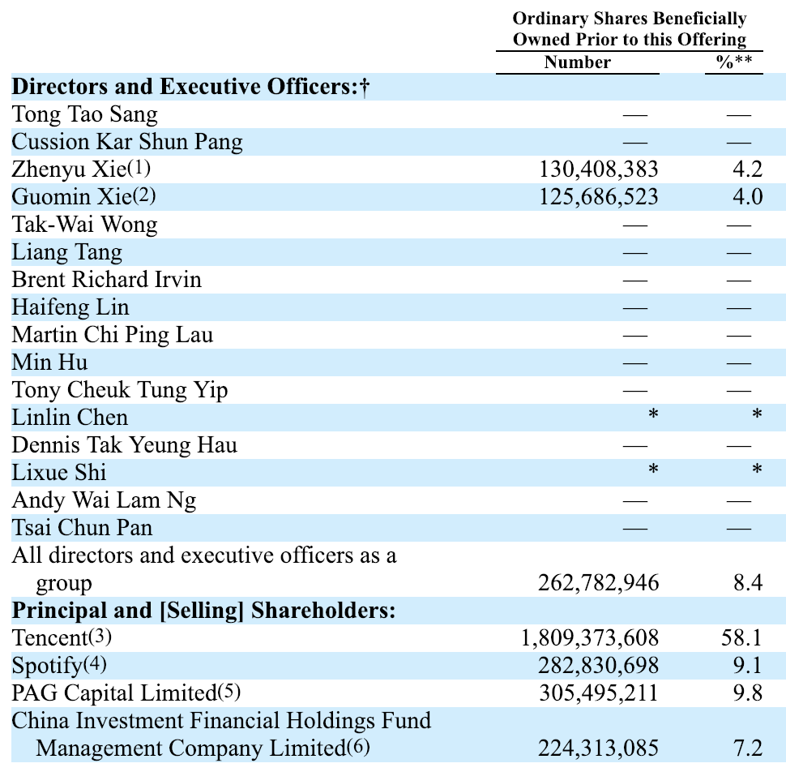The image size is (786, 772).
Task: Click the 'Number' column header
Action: tap(578, 62)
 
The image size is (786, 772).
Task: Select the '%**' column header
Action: tap(733, 62)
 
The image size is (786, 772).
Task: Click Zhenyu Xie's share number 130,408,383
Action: tap(599, 169)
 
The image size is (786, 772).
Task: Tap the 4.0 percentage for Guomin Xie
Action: tap(746, 197)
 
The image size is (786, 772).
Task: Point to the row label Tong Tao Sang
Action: tap(84, 114)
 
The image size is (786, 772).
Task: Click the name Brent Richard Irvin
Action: tap(106, 280)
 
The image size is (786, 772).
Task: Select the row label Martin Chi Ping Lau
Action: tap(113, 335)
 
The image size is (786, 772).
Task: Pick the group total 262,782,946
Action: tap(599, 583)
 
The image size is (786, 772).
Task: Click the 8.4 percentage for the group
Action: tap(747, 583)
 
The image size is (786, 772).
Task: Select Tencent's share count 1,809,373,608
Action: tap(590, 638)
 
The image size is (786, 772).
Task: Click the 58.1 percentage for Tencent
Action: tap(741, 638)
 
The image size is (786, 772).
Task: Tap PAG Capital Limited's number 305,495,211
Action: tap(599, 693)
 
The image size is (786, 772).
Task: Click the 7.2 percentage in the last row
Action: tap(747, 748)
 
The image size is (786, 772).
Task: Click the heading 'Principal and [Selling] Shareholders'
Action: tap(203, 610)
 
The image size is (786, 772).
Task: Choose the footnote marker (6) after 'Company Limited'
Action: tap(358, 747)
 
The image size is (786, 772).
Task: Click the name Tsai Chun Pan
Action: tap(82, 528)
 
